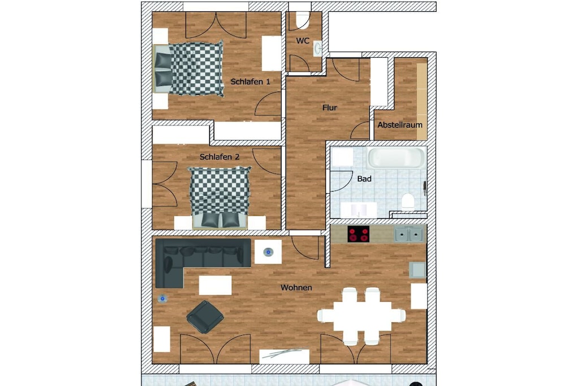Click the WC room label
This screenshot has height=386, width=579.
pos(303,41)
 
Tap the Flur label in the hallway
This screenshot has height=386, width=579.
pos(330,108)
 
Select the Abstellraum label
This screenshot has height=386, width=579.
pos(400,125)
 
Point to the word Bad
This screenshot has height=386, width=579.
pos(364,179)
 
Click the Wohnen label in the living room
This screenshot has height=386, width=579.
pos(296,288)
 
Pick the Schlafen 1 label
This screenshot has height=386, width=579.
pos(250,81)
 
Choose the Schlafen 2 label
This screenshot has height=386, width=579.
pos(219,157)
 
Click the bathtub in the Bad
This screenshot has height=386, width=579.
pos(396,158)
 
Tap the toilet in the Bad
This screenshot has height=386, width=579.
pos(408,202)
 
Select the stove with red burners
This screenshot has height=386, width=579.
pos(358,234)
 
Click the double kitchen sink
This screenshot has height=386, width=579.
pos(408,235)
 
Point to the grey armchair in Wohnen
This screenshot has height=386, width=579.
pos(205,317)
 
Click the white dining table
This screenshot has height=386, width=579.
pos(362,316)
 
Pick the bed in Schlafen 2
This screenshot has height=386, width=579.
pos(220,197)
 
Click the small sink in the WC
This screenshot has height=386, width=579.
pos(317,48)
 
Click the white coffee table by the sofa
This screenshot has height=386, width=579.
pos(215,285)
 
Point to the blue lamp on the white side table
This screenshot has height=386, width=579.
pos(269,253)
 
